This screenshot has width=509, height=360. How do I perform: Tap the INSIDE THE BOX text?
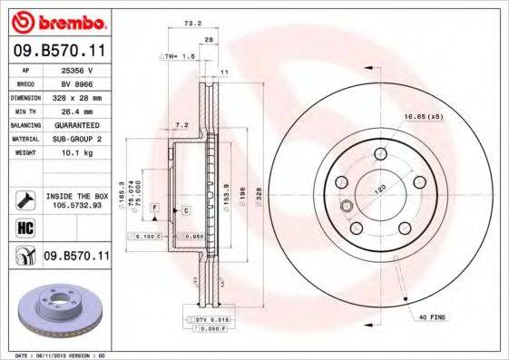pyautogui.click(x=76, y=195)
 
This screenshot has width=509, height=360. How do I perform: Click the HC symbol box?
pyautogui.click(x=25, y=227)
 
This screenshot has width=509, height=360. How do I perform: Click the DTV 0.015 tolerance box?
pyautogui.click(x=210, y=320)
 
